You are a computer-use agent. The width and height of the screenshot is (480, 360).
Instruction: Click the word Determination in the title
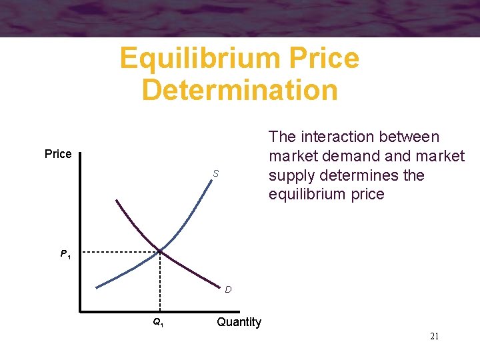point(240,90)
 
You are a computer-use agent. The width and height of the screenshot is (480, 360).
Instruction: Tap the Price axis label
point(58,154)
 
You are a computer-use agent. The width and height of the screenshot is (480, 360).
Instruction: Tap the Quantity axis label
point(239,322)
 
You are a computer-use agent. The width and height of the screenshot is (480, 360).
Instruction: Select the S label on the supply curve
point(216,174)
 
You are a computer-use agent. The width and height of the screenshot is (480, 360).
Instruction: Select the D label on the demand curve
point(228,289)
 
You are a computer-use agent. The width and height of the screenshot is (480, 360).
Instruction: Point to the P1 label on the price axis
point(65,254)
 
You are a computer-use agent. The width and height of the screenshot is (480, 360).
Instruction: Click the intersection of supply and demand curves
point(160,251)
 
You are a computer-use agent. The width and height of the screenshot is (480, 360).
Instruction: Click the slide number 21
point(434,336)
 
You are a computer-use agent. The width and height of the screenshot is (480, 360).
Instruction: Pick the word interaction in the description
point(339,137)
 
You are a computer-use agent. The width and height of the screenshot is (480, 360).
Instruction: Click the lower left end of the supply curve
point(97,287)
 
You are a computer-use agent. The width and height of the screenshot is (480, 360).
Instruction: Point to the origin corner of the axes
point(79,311)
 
